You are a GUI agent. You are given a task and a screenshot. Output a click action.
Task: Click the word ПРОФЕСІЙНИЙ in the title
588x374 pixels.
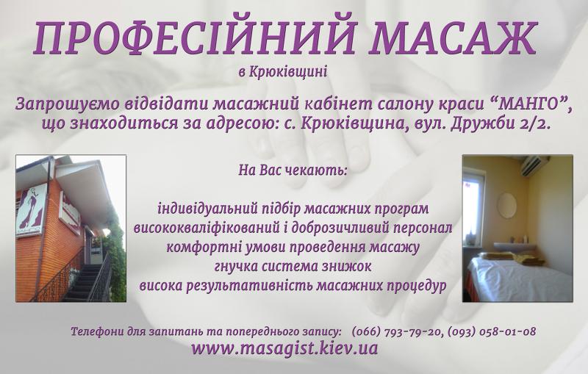click(x=193, y=38)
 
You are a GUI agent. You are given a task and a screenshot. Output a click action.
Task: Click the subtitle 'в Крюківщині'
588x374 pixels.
click(x=283, y=71)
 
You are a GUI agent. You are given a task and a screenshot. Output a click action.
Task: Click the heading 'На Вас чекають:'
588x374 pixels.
click(x=293, y=170)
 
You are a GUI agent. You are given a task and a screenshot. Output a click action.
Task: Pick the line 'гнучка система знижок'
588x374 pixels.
click(x=293, y=267)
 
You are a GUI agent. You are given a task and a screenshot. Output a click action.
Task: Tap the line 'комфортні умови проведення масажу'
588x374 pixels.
click(x=293, y=248)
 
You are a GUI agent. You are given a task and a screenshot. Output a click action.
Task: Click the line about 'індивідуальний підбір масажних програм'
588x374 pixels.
click(x=293, y=209)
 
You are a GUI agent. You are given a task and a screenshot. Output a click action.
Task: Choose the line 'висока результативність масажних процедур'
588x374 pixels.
click(x=293, y=286)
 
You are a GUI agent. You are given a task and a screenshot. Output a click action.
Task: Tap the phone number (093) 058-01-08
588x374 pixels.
click(x=492, y=331)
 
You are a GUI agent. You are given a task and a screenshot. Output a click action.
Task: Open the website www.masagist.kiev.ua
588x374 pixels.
click(x=284, y=348)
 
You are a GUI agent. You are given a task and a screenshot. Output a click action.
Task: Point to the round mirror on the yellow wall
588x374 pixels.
click(x=506, y=205)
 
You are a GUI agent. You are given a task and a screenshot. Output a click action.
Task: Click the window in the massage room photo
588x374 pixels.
click(x=473, y=210)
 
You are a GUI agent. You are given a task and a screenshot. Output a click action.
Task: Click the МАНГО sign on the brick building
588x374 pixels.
click(x=31, y=211)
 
